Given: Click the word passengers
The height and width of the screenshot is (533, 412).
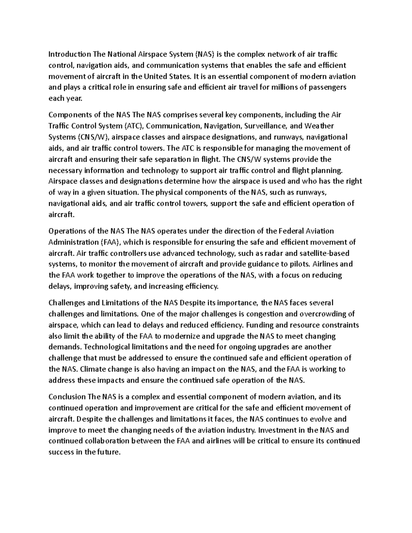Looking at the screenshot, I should pos(329,87).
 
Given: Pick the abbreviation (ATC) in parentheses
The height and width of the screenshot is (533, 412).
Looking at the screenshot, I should pos(132,126).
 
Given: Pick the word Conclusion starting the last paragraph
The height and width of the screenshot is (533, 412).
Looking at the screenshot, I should pos(67,397).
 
